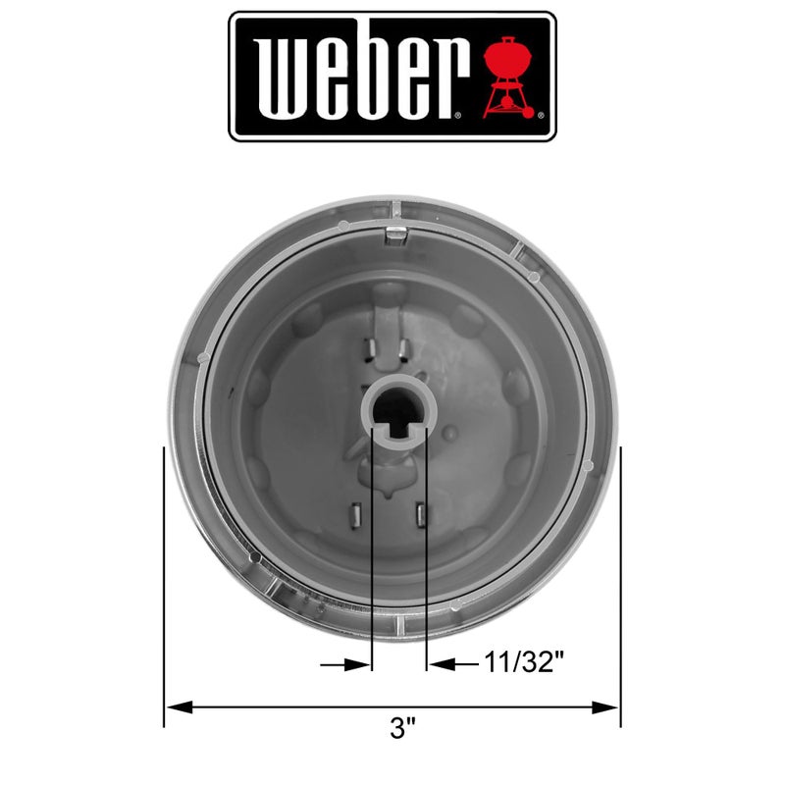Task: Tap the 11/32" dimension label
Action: coord(525,664)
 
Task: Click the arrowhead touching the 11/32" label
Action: coord(440,664)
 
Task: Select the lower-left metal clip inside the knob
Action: coord(358,514)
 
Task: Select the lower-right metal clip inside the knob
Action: coord(422,513)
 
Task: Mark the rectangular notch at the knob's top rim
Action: coord(395,233)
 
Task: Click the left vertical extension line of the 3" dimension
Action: coord(164,589)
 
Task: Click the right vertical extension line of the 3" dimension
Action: coord(620,589)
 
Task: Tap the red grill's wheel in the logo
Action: coord(532,114)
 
